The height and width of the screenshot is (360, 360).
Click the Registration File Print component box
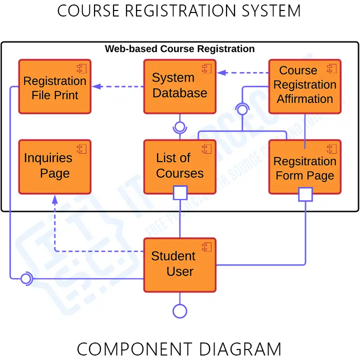tap(55, 86)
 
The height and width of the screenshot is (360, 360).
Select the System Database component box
tap(180, 86)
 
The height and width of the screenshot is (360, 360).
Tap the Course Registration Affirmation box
tap(305, 86)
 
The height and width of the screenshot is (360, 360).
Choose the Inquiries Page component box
tap(55, 166)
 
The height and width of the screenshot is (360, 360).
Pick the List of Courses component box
tap(180, 166)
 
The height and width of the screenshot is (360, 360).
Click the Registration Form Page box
tap(305, 166)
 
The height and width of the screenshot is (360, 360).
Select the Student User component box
tap(180, 265)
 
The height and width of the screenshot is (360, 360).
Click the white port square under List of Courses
tap(180, 193)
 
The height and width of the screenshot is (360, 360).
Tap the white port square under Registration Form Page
tap(305, 194)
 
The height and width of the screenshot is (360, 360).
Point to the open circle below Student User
tap(180, 311)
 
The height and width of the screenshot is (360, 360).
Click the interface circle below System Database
tap(179, 126)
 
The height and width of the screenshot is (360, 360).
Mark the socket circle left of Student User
tap(26, 278)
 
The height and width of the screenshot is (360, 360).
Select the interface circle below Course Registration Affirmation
tap(242, 109)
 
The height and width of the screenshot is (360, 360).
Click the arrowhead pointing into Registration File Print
tap(96, 86)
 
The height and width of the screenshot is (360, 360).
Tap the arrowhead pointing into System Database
tap(221, 73)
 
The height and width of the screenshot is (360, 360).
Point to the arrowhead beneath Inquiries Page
tap(55, 198)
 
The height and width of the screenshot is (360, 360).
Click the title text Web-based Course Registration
tap(179, 49)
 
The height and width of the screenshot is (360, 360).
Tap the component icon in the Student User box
tap(206, 246)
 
